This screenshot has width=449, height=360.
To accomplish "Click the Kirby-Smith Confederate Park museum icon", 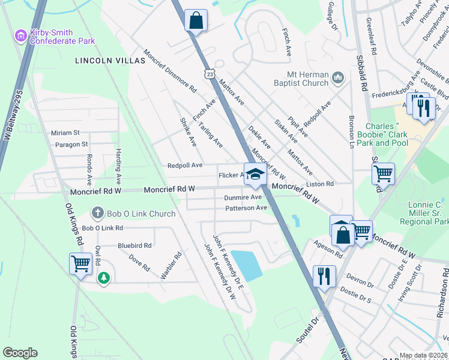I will (21, 36).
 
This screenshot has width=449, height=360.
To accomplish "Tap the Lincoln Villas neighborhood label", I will (110, 61).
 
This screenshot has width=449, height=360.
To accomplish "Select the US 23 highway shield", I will (208, 73).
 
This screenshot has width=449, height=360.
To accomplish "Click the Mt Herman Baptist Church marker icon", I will (337, 77).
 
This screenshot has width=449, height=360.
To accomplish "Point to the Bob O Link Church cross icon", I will (97, 213).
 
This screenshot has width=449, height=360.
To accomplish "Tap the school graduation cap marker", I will (255, 175).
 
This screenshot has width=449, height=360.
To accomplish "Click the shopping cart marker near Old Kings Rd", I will (80, 263).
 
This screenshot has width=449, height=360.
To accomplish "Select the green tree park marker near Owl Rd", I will (104, 278).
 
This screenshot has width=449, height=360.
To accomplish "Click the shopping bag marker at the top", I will (196, 20).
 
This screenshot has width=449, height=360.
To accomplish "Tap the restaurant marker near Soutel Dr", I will (323, 277).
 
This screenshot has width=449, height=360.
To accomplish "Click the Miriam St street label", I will (65, 133).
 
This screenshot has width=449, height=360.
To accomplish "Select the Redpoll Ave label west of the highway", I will (185, 165).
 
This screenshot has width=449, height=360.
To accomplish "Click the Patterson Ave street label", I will (246, 208).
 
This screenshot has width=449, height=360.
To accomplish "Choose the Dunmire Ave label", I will (243, 197).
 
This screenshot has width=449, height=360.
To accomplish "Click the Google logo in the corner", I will (20, 353).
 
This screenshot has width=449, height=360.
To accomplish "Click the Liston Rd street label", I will (320, 184).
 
